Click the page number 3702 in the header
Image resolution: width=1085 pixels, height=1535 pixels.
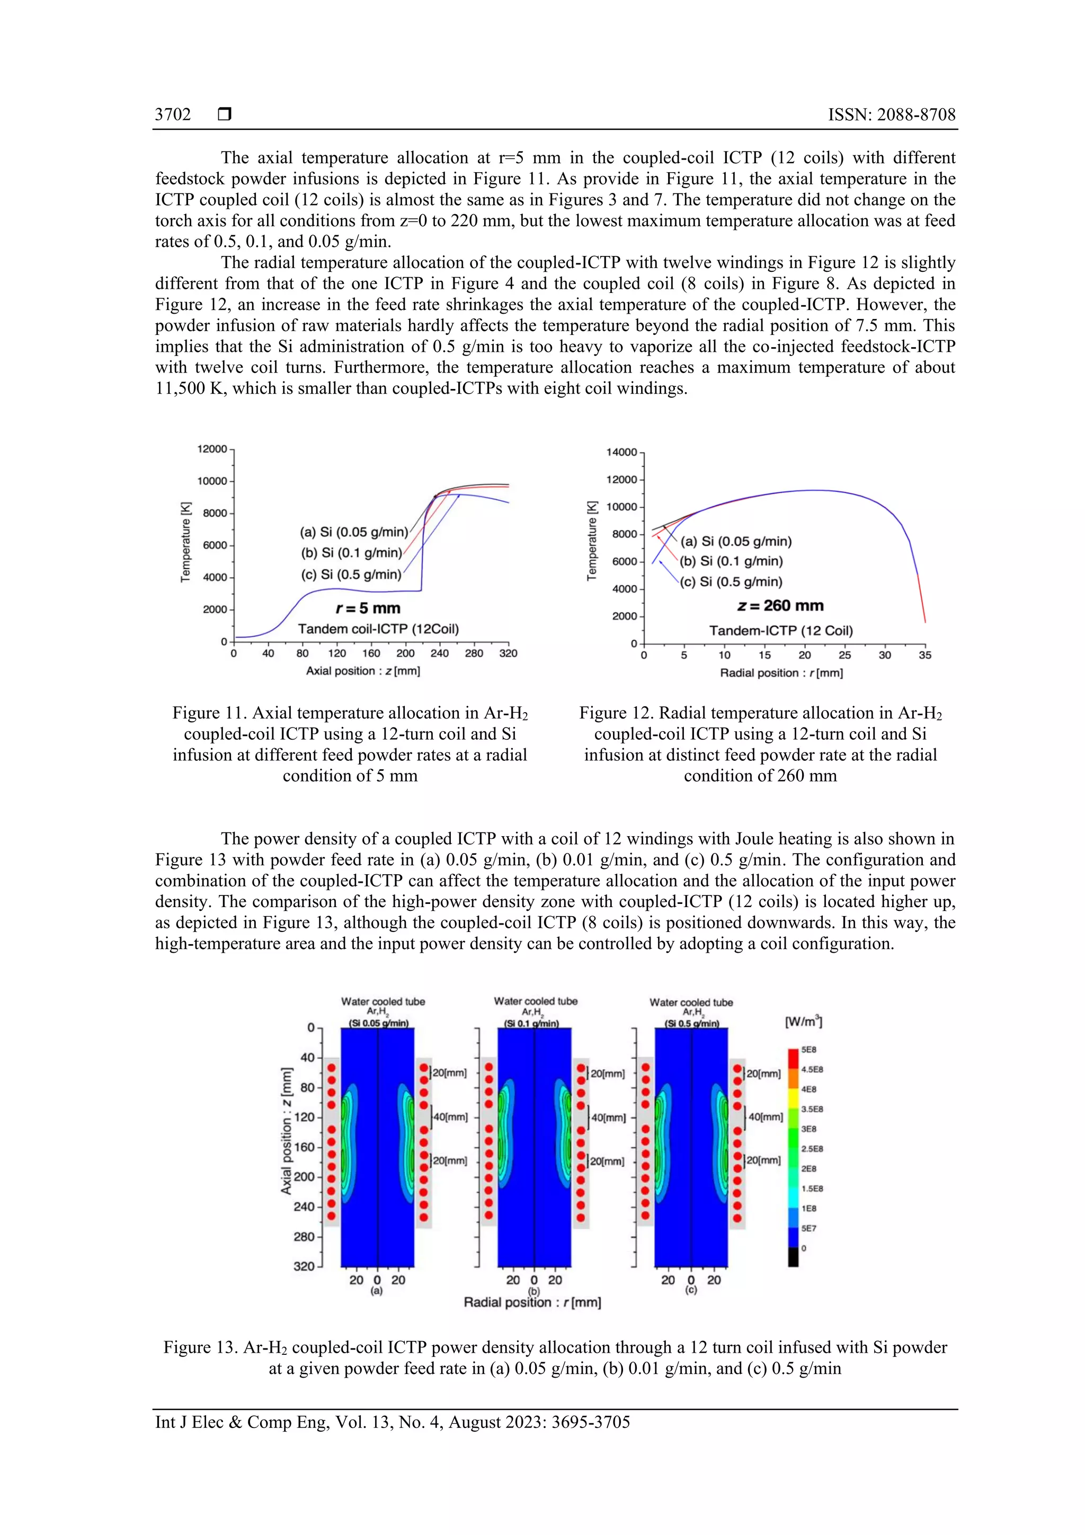pyautogui.click(x=173, y=114)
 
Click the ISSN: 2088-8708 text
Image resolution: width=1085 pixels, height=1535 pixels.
pyautogui.click(x=891, y=114)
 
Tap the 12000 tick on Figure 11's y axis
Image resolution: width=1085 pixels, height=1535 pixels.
pyautogui.click(x=212, y=449)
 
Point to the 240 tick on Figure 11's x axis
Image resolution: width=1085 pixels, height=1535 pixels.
pyautogui.click(x=439, y=653)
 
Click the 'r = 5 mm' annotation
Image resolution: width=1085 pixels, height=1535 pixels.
pyautogui.click(x=368, y=608)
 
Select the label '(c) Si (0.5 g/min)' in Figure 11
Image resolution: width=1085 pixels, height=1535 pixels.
pyautogui.click(x=351, y=574)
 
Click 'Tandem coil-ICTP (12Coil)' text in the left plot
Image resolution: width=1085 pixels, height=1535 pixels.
pyautogui.click(x=378, y=629)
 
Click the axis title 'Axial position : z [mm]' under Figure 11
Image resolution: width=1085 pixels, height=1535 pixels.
pyautogui.click(x=363, y=671)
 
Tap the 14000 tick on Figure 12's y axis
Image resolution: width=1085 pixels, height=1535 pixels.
pyautogui.click(x=621, y=452)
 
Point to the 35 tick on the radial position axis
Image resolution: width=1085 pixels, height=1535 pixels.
pyautogui.click(x=924, y=655)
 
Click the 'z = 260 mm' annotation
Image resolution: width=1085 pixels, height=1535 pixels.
pyautogui.click(x=780, y=606)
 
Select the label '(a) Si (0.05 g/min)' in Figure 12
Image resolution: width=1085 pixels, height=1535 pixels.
pyautogui.click(x=735, y=542)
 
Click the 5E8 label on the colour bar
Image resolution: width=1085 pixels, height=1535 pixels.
pyautogui.click(x=808, y=1050)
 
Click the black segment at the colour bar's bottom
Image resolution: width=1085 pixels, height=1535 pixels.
pyautogui.click(x=793, y=1257)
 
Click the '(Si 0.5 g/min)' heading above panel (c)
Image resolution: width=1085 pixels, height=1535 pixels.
pyautogui.click(x=691, y=1024)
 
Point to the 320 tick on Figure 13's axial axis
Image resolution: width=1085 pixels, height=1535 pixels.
pyautogui.click(x=304, y=1266)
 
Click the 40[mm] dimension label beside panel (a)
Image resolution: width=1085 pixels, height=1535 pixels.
pyautogui.click(x=450, y=1117)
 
